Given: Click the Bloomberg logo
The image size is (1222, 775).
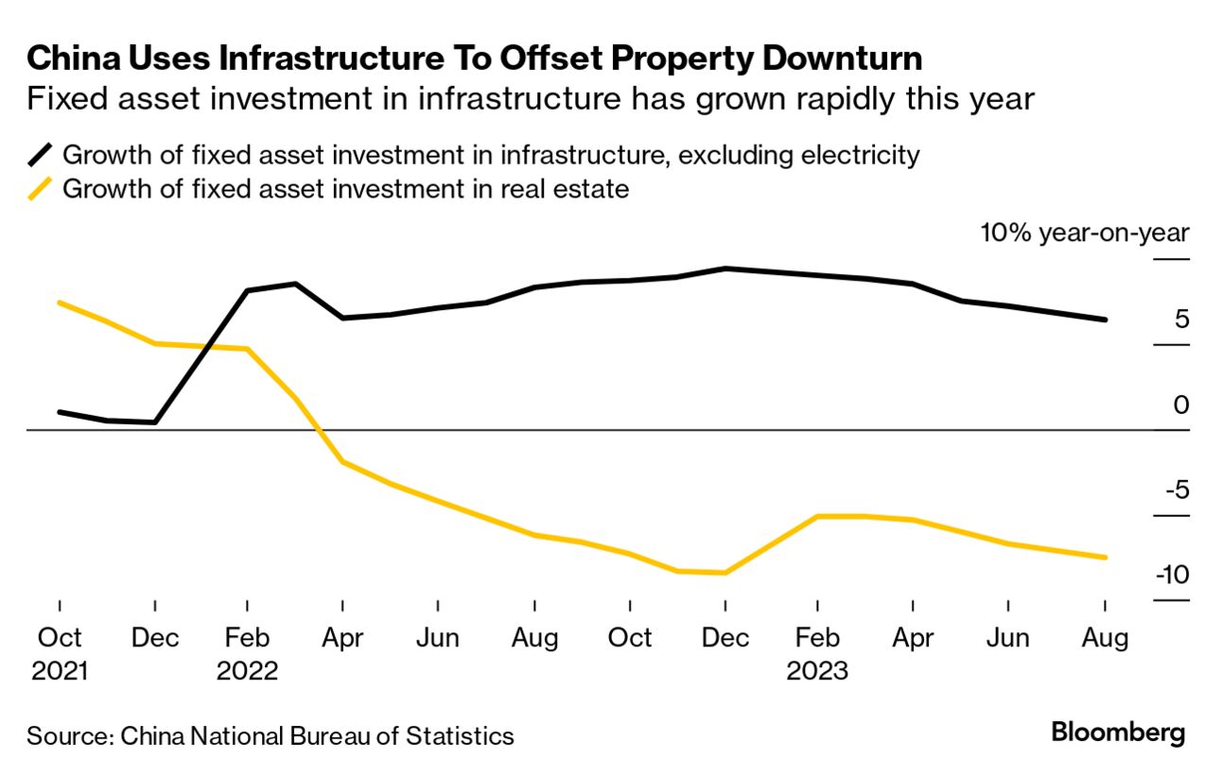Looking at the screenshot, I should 1118,732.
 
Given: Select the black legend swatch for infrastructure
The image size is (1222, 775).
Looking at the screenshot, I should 41,155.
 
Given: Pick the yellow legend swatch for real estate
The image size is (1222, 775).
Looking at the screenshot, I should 41,189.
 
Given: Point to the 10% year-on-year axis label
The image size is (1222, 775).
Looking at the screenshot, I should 1084,233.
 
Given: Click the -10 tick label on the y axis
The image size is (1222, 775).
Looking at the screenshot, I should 1169,575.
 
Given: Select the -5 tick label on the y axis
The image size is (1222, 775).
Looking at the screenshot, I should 1173,490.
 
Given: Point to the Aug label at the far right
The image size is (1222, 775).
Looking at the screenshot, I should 1104,638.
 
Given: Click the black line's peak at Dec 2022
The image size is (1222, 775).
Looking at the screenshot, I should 724,268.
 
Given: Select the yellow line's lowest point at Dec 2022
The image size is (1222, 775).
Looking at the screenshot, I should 724,573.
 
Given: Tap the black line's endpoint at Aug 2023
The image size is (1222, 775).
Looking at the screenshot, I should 1106,319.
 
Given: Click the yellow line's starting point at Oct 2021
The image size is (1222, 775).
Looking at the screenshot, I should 60,302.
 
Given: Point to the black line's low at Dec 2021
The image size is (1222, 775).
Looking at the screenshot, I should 154,422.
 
